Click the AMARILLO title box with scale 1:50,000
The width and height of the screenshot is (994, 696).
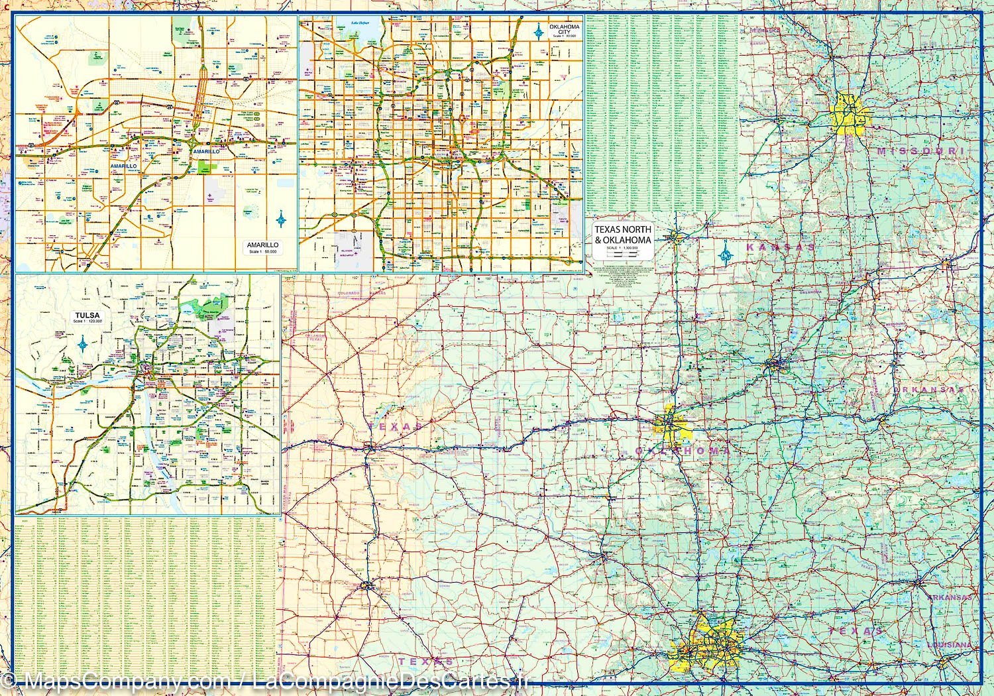point(264,248)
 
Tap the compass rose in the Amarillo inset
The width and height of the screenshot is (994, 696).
point(282,219)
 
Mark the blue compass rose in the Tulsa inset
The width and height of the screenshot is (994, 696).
point(83,343)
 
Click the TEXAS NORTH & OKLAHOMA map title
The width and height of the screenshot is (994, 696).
point(623,234)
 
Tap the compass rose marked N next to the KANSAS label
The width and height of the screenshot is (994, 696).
point(726,253)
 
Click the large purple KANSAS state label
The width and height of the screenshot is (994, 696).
point(780,247)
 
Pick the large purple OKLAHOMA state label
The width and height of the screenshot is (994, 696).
point(683,451)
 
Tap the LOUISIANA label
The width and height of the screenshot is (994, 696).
point(949,645)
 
